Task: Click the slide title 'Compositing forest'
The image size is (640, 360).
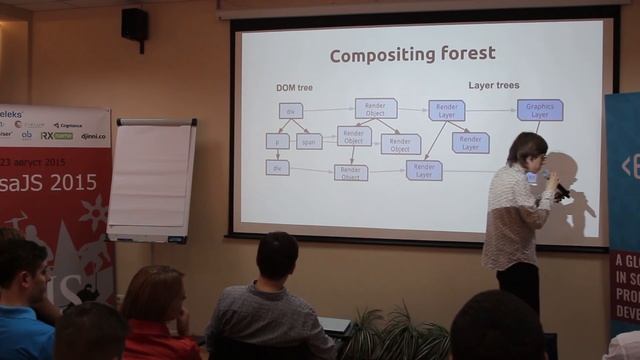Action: tap(412, 55)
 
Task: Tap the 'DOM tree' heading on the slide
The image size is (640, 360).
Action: tap(296, 88)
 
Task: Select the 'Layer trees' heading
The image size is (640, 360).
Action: tap(494, 86)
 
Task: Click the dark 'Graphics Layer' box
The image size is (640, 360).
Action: tap(540, 110)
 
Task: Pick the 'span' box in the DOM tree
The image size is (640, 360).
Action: tap(308, 142)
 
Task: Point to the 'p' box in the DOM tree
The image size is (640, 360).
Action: tap(277, 142)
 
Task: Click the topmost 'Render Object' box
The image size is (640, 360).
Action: tap(376, 108)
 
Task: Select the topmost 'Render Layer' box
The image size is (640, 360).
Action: tap(447, 110)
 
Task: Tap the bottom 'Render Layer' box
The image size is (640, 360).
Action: tap(424, 171)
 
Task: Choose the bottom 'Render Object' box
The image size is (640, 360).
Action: tap(351, 172)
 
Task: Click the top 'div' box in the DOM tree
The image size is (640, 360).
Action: tap(290, 111)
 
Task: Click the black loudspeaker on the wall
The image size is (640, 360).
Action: tap(135, 24)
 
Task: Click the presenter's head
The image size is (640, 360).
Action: tap(526, 151)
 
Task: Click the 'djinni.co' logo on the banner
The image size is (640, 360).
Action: tap(93, 135)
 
